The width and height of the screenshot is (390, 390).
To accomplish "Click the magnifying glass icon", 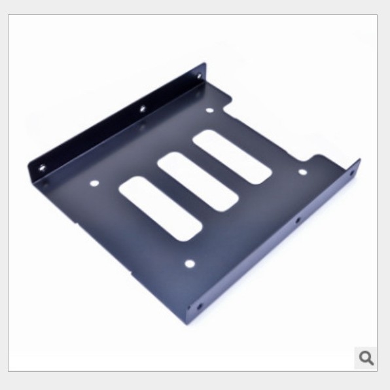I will (366, 357).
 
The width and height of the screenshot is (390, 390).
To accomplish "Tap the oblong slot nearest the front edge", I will (160, 206).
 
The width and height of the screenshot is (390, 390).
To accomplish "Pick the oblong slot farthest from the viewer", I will (232, 156).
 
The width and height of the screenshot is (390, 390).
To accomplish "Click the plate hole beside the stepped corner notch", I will (302, 172).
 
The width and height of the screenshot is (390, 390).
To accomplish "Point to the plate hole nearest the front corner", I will (189, 264).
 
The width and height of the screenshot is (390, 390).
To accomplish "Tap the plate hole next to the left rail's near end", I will (94, 183).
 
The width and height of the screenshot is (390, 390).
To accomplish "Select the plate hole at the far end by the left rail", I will (209, 110).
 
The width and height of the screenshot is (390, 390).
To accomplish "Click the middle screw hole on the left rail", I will (141, 109).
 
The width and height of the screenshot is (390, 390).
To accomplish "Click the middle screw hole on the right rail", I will (297, 221).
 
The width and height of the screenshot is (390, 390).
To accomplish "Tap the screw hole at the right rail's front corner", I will (199, 306).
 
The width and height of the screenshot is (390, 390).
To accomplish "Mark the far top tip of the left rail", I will (204, 64).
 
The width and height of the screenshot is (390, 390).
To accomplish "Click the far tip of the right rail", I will (359, 160).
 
